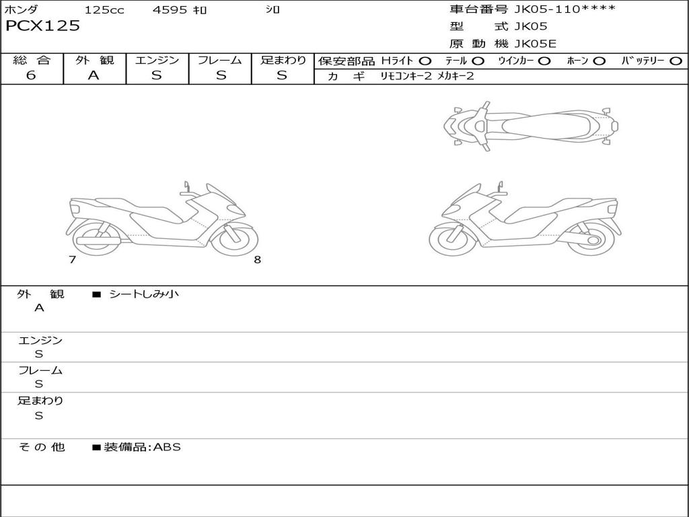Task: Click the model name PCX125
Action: pos(42,26)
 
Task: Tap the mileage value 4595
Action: pos(170,9)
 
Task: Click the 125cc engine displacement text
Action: pos(104,9)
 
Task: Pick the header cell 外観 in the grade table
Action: pos(94,60)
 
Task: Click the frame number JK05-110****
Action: pos(565,9)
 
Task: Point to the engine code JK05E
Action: pos(535,44)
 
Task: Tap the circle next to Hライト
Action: pos(425,61)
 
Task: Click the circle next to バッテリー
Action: pos(676,61)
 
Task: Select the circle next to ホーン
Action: pos(599,61)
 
